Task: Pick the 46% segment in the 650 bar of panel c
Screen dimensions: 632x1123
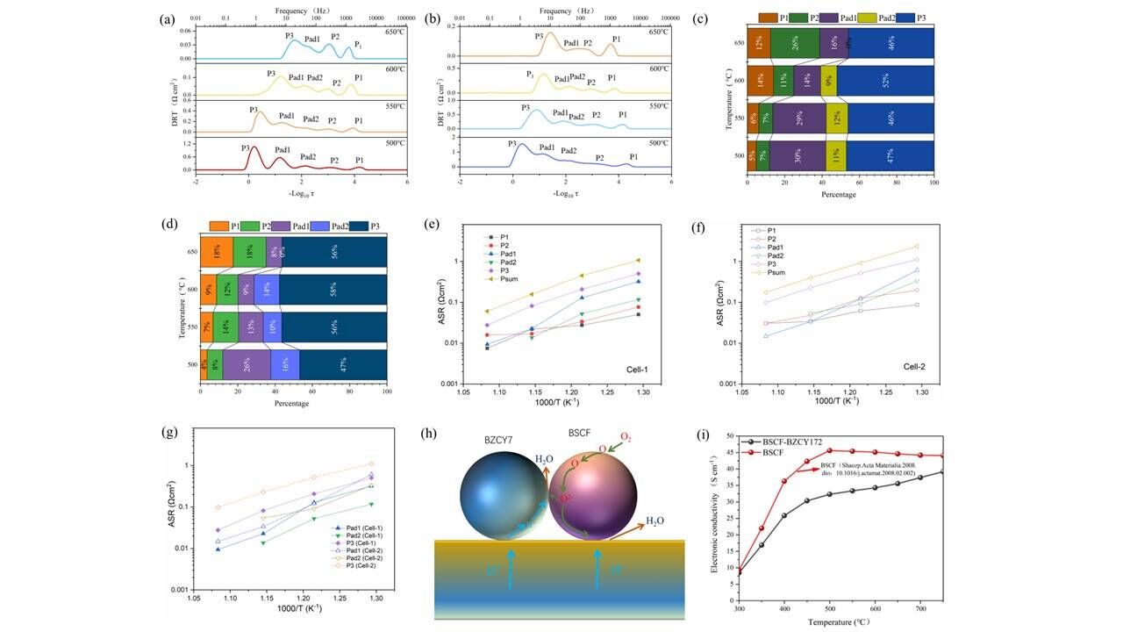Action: (x=891, y=42)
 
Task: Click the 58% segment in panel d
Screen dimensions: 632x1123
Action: (x=333, y=289)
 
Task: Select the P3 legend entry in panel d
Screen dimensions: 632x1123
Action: (x=373, y=226)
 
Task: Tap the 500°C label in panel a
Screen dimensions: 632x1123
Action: (x=391, y=141)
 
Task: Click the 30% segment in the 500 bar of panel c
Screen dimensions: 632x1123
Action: (x=797, y=155)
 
